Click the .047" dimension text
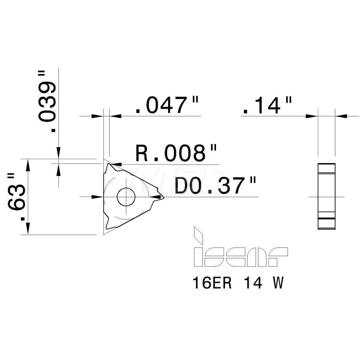tap(167, 105)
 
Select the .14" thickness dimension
tap(266, 105)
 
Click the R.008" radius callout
tap(176, 154)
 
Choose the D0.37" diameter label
tap(215, 186)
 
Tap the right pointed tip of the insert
tap(163, 197)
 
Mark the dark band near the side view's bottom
tap(327, 219)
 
